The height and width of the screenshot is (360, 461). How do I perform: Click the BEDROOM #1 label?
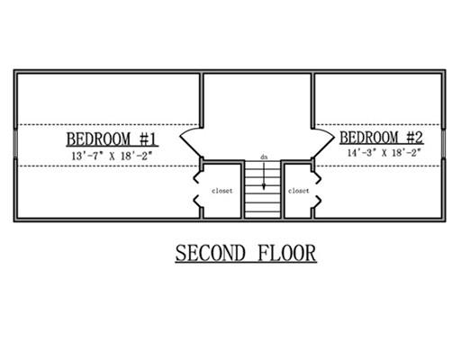(x=112, y=139)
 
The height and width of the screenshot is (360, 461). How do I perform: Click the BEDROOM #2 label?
(x=382, y=138)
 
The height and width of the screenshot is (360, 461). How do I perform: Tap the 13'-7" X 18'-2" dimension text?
(x=112, y=156)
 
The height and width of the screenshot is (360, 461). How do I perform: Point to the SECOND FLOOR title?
(x=246, y=254)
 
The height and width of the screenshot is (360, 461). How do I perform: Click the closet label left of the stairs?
(x=221, y=191)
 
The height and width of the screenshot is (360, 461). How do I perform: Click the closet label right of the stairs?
(x=299, y=191)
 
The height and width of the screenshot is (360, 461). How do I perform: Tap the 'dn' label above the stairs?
(x=264, y=157)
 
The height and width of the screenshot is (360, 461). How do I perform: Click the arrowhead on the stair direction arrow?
(x=264, y=186)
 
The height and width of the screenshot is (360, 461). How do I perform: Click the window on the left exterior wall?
(x=15, y=143)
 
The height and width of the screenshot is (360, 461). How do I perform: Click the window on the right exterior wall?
(x=444, y=144)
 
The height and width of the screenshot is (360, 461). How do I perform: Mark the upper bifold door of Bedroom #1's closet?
(x=197, y=177)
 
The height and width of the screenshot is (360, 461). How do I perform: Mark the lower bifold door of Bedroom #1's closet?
(x=197, y=202)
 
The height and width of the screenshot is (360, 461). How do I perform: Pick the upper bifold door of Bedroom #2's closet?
(x=317, y=177)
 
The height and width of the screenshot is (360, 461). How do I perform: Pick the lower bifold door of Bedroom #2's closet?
(x=317, y=202)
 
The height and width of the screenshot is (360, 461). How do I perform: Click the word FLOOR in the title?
(x=286, y=254)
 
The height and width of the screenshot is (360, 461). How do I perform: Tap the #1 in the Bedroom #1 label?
(x=148, y=139)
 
